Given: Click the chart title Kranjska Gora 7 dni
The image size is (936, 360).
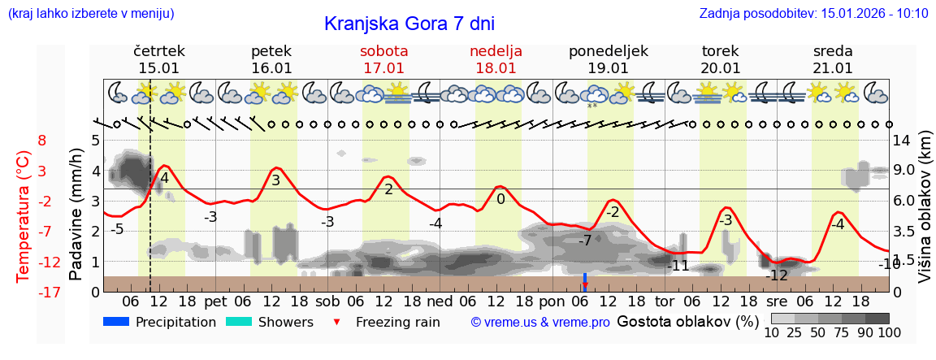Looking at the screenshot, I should point(409,24).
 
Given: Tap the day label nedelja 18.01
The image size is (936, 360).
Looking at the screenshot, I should point(496,59).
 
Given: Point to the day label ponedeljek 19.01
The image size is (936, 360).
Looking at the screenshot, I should point(609,59).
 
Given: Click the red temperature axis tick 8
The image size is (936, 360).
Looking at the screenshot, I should point(42,140).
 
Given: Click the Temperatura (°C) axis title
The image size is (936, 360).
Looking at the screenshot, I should point(24,215).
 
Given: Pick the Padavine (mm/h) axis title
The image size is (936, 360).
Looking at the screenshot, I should point(76,215).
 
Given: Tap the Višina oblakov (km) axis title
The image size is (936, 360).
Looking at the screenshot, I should point(925,215).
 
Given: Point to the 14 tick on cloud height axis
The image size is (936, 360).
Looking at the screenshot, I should point(902,140).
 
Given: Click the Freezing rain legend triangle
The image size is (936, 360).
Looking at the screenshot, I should point(337,323).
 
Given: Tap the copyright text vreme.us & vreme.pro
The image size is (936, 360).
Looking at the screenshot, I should point(540,322).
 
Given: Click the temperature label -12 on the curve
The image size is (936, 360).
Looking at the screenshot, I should point(778,275).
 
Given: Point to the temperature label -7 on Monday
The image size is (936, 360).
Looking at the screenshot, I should point(584,241).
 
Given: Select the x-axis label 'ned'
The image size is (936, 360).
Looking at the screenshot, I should point(440,301).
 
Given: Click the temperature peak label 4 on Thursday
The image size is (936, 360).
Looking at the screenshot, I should point(164,178).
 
